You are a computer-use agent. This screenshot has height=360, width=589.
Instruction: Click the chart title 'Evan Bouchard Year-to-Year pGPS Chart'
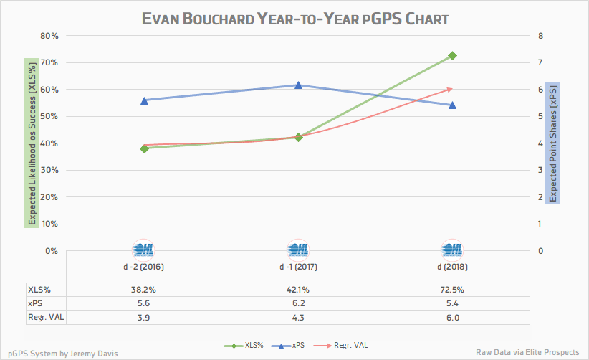pos(294,17)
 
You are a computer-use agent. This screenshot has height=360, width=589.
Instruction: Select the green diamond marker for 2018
pos(452,56)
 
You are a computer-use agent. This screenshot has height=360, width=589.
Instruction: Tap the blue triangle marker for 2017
pos(298,85)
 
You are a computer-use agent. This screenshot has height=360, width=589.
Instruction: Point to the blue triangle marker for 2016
pos(144,100)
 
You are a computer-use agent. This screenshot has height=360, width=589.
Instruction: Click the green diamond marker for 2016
pos(144,148)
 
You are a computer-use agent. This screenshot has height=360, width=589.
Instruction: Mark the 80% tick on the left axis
pos(49,36)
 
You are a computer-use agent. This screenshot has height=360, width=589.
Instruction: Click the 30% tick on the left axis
pos(49,170)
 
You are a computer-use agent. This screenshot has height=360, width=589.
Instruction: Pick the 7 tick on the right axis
pos(541,62)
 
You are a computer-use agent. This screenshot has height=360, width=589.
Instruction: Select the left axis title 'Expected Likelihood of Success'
pos(31,143)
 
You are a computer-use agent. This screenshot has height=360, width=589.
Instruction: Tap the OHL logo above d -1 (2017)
pos(298,249)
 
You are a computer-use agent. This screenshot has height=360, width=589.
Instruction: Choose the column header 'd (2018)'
pos(452,267)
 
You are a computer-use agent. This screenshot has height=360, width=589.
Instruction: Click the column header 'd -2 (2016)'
pos(144,267)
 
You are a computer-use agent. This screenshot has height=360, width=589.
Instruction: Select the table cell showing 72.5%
pos(452,290)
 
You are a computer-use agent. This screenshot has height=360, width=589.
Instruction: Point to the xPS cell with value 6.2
pos(298,303)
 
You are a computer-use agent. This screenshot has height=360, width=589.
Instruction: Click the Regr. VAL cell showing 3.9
pos(144,316)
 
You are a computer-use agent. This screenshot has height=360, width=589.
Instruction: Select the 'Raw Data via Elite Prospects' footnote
pos(527,351)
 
